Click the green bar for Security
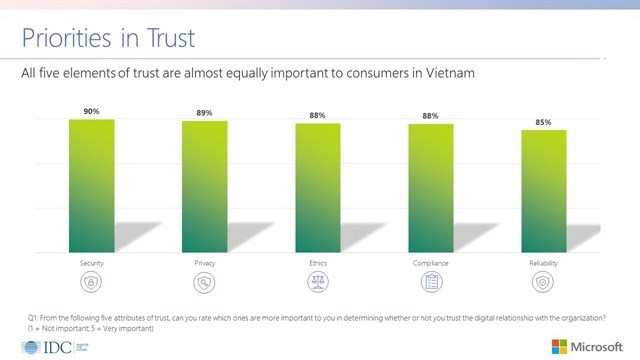point(91,187)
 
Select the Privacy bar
point(204,188)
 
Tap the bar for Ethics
point(318,189)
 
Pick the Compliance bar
point(431,189)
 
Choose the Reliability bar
point(544,192)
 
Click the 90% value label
point(91,112)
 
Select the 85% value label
point(544,123)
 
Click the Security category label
point(91,263)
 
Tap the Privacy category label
point(204,263)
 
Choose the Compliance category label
point(431,263)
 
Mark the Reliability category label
point(544,263)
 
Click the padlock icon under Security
point(91,282)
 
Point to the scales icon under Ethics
point(318,282)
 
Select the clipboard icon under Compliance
point(431,282)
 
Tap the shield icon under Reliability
point(544,282)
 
